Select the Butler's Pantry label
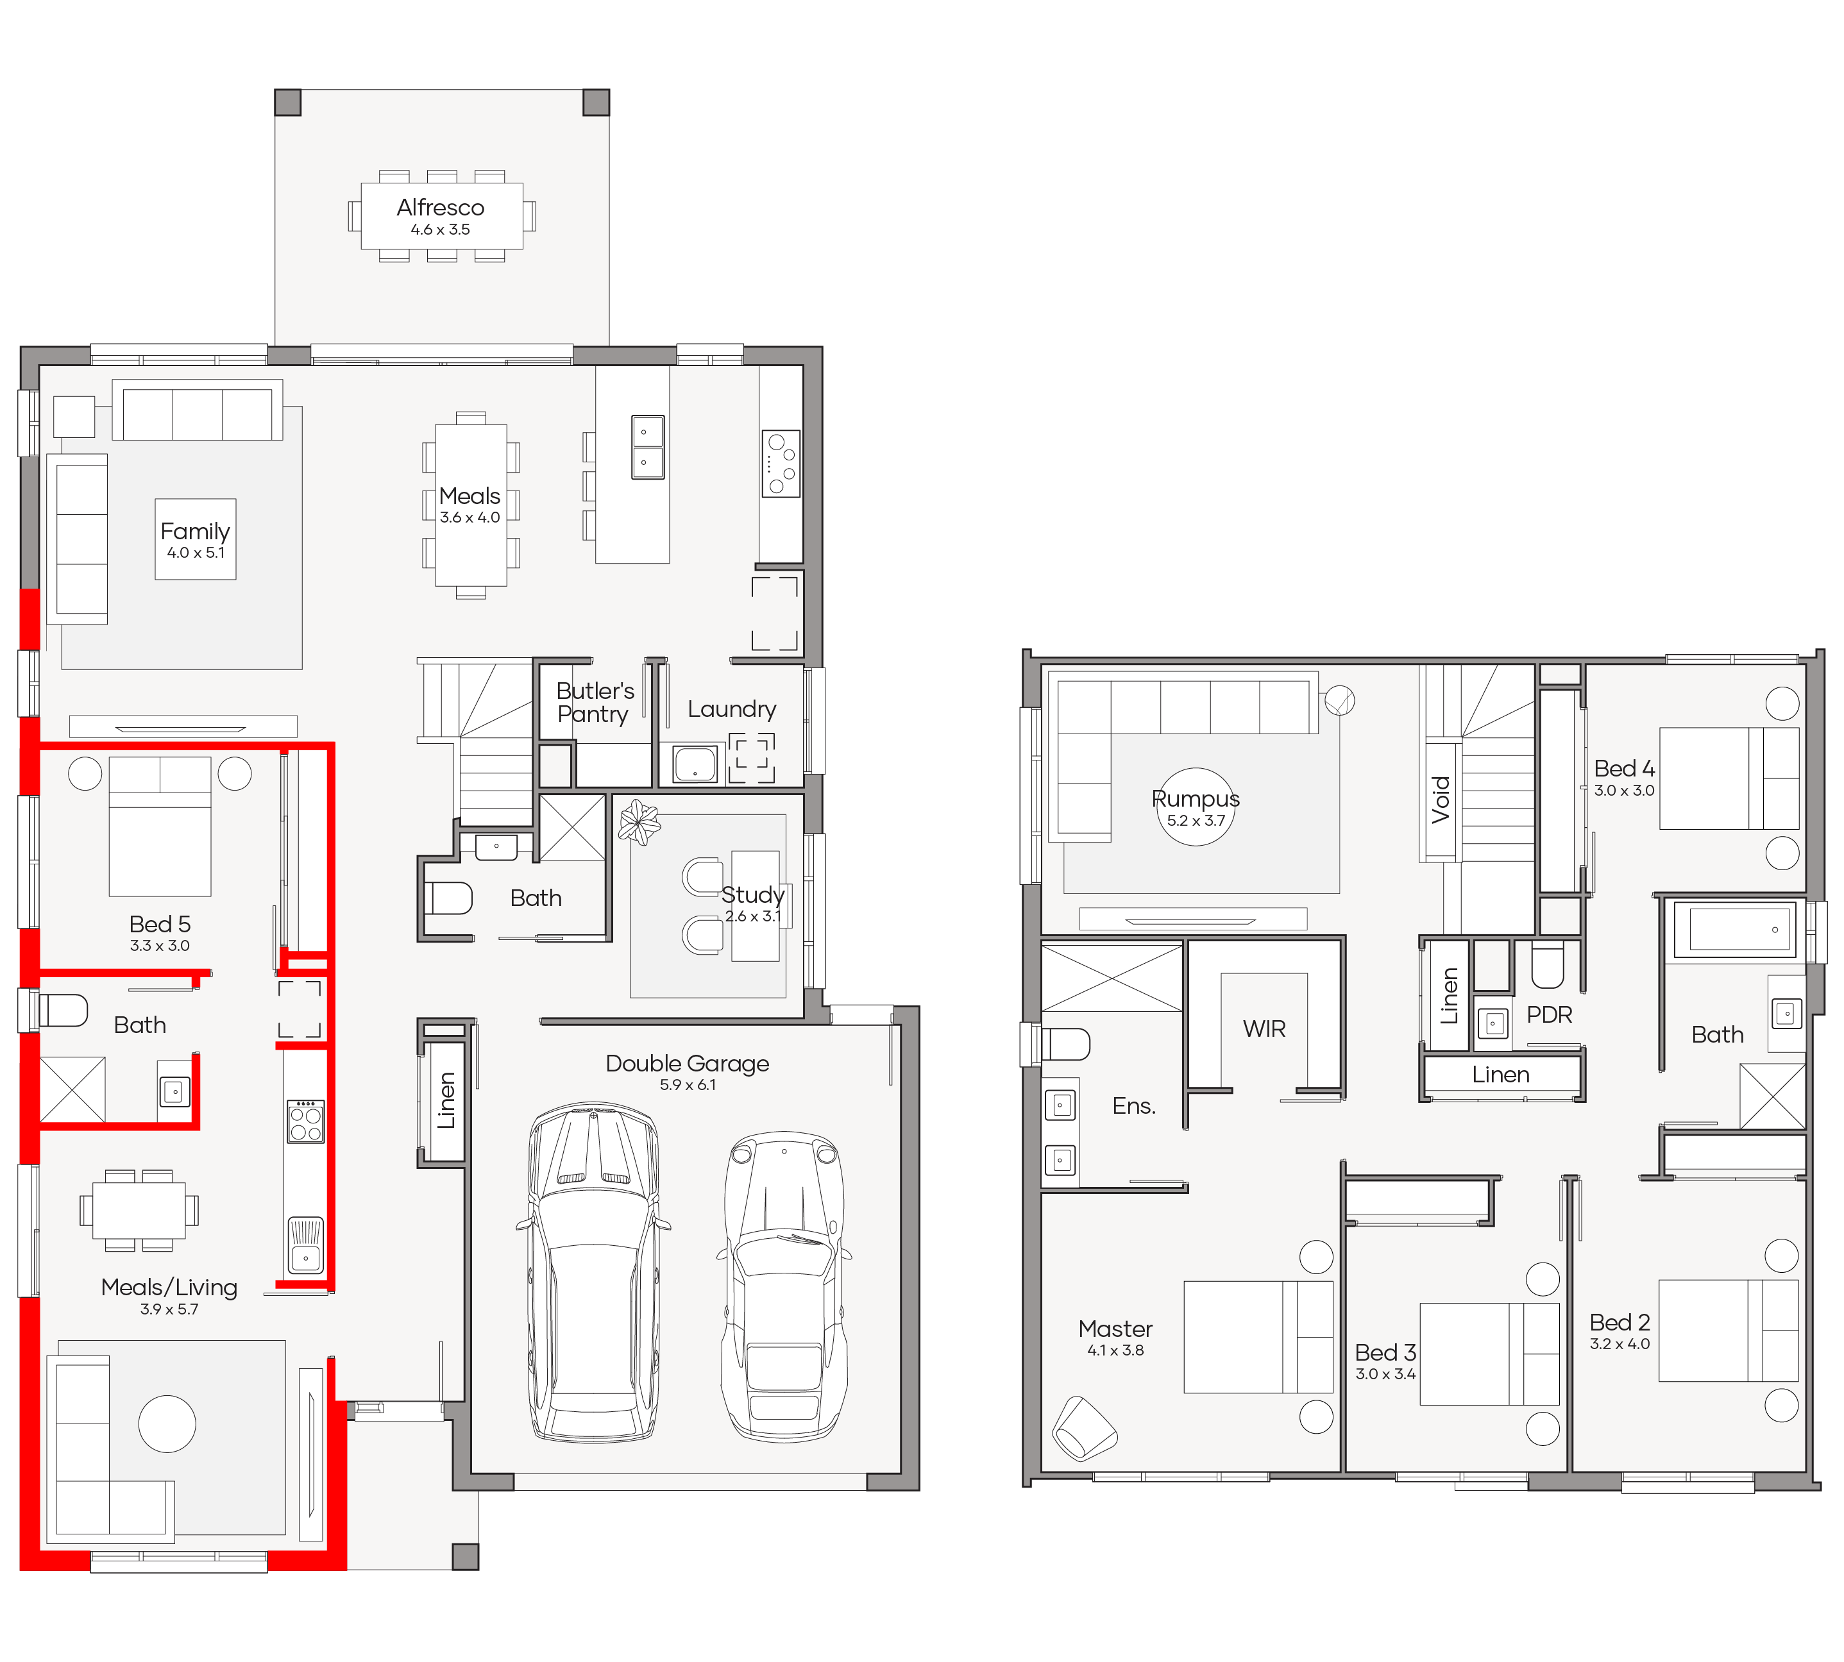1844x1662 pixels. pos(595,702)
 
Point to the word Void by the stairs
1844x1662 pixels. pos(1441,800)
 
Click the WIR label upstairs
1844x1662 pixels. pos(1264,1029)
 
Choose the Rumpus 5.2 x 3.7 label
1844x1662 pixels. pos(1196,807)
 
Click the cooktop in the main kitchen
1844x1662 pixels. pos(781,464)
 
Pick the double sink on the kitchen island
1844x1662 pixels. pos(648,448)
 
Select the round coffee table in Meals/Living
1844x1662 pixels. pos(167,1423)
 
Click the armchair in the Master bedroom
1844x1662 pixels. pos(1083,1429)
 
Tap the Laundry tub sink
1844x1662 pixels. pos(695,765)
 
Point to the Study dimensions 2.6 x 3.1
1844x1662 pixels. pos(752,916)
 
